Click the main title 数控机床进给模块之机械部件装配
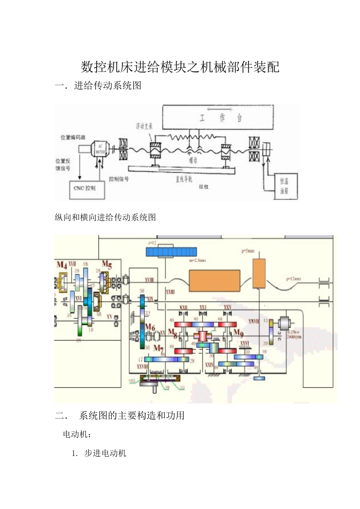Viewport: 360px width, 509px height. [x=180, y=67]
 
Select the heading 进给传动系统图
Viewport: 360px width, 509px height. [x=108, y=86]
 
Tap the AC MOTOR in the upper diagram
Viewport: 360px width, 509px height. [x=100, y=149]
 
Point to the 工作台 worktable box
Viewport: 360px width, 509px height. [x=218, y=117]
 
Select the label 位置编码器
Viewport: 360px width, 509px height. [x=73, y=137]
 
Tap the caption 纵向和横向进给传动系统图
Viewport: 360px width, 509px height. [x=105, y=217]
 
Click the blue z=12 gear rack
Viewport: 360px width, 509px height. [x=171, y=251]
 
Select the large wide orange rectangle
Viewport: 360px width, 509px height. [x=214, y=280]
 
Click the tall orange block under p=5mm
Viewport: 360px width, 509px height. [x=259, y=273]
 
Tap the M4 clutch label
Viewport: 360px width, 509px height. [x=61, y=265]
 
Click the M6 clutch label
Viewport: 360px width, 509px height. [x=150, y=327]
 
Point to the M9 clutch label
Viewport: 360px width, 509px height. [x=238, y=333]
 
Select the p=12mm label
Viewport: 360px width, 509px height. [x=293, y=279]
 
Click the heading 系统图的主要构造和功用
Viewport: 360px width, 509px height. [x=131, y=415]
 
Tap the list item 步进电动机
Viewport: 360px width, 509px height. [x=105, y=453]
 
